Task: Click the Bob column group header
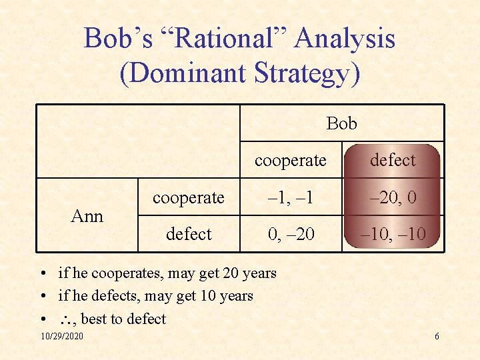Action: pos(341,123)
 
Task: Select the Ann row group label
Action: pos(87,215)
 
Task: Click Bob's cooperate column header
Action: pos(291,161)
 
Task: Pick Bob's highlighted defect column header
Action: pos(392,160)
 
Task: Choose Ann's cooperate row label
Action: pos(189,197)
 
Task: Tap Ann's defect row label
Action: pos(189,234)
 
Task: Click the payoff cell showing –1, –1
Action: pos(291,197)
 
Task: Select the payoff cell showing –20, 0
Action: pos(392,197)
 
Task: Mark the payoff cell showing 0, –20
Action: pos(291,234)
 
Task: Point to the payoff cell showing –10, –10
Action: pos(392,234)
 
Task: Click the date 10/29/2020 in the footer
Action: pos(62,336)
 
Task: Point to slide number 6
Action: pos(437,336)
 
